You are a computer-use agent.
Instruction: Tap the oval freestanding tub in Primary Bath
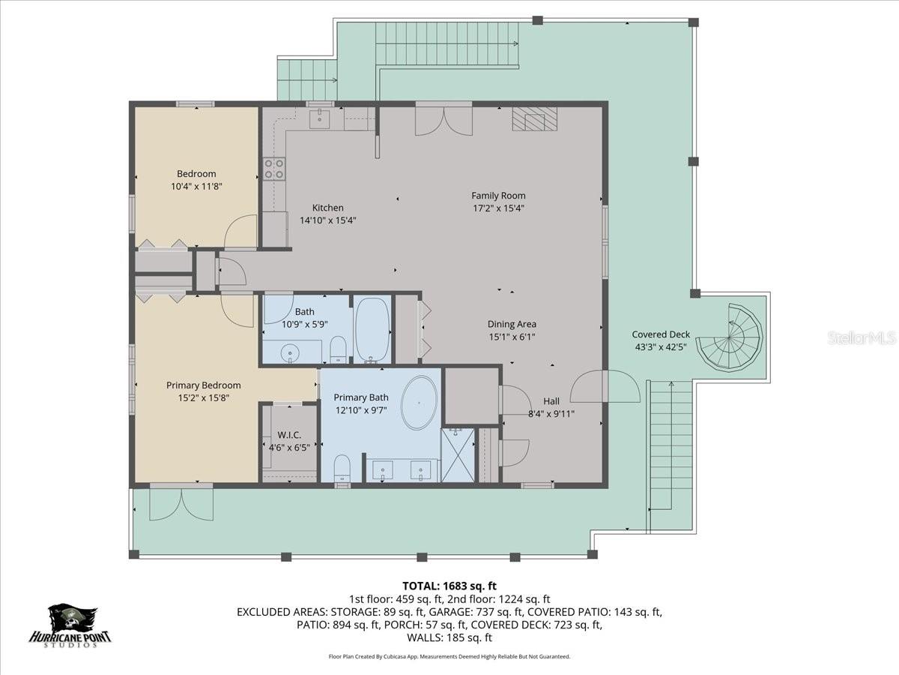pos(420,403)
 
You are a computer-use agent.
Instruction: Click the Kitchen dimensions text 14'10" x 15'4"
pos(327,220)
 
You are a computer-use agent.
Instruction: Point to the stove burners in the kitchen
pos(273,169)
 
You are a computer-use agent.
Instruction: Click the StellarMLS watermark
pos(862,337)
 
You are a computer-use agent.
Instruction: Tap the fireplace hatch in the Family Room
pos(535,119)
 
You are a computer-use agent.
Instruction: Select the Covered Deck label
pos(660,334)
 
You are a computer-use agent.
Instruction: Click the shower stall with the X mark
pos(458,454)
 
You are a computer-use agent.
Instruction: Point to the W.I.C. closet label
pos(289,435)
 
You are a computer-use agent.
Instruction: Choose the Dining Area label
pos(512,324)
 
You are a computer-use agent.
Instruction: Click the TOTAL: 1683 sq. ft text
pos(449,586)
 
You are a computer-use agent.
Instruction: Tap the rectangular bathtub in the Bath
pos(372,330)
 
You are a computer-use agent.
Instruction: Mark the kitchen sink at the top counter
pos(321,117)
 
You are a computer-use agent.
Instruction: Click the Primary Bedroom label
pos(203,385)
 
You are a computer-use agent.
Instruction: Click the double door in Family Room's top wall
pos(444,121)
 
